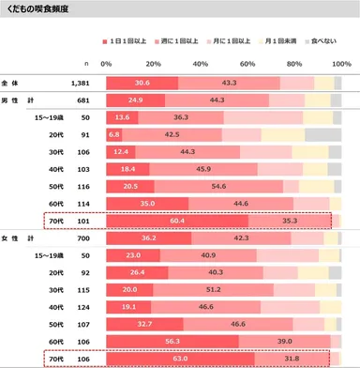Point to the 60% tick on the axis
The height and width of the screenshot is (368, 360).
[x=247, y=63]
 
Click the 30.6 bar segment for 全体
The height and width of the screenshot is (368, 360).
[x=142, y=83]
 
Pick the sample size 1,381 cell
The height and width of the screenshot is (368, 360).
[x=81, y=83]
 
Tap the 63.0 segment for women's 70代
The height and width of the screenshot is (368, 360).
[x=180, y=357]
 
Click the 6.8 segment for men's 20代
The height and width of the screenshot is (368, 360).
[x=114, y=135]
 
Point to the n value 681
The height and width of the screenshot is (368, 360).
[x=82, y=100]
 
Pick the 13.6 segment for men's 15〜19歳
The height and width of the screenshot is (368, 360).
[x=122, y=117]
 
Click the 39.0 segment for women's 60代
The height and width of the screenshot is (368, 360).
[x=284, y=340]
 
